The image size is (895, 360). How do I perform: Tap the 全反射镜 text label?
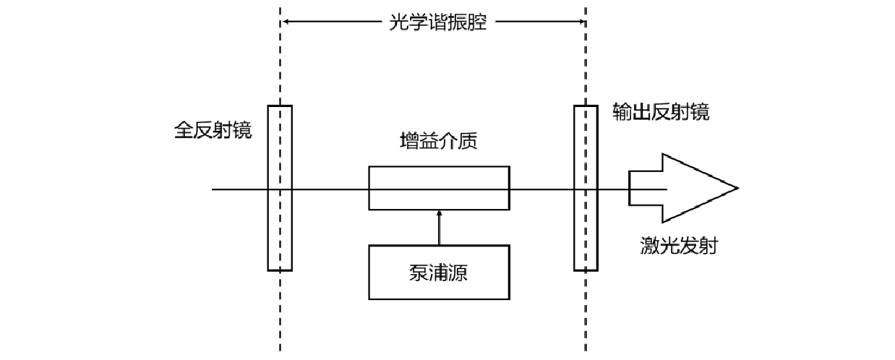pos(213,130)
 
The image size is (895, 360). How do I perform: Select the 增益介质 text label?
pos(438,140)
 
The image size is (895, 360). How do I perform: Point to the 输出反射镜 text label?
pos(661,112)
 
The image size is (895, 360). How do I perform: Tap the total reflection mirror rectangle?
pos(280,231)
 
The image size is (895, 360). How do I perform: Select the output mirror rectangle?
pos(586,231)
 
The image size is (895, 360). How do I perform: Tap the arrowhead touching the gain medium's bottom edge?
pos(439,213)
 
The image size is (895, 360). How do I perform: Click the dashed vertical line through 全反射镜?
pos(280,318)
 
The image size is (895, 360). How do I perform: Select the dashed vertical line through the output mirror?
pos(586,318)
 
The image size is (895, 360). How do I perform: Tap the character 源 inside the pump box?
pos(466,273)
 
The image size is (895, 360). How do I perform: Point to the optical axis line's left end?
pos(213,189)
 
